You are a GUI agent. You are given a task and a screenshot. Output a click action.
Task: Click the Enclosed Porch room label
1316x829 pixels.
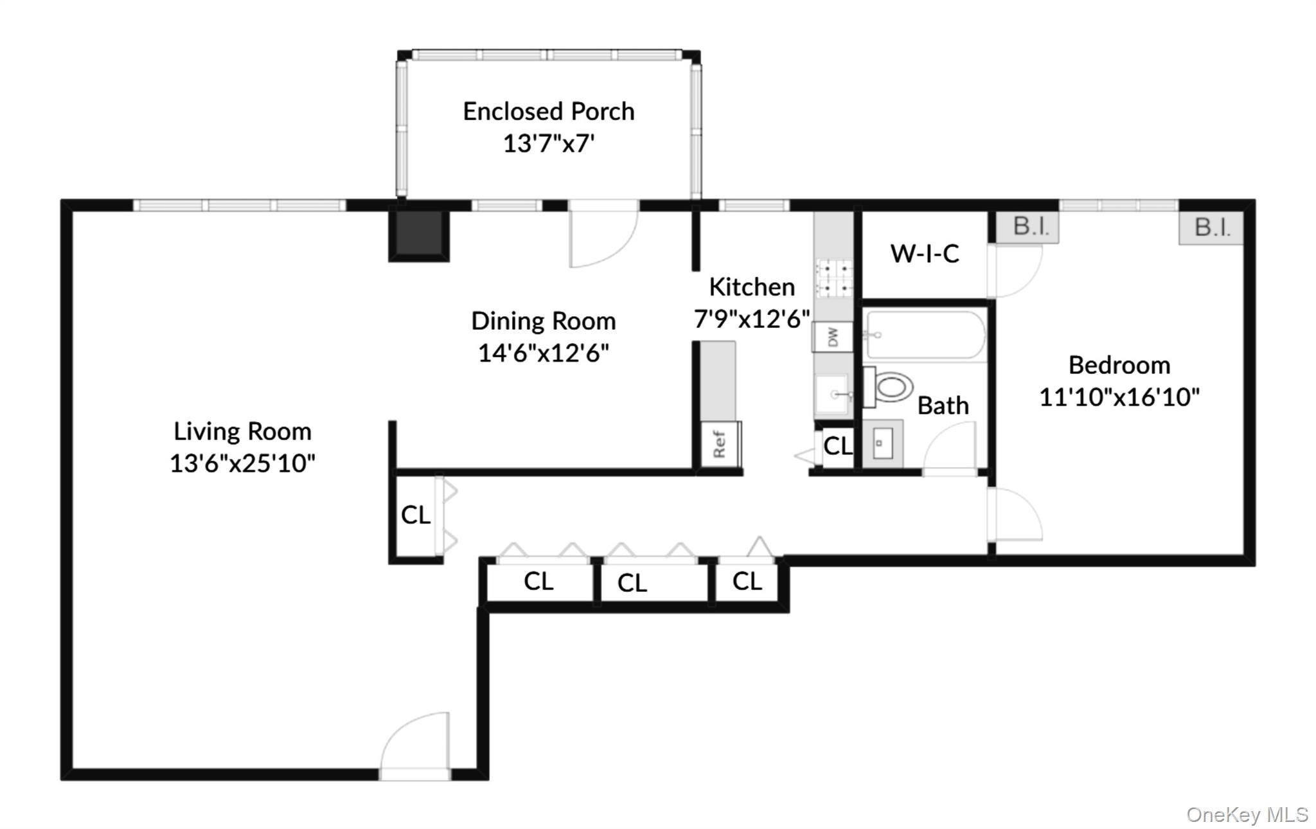[548, 112]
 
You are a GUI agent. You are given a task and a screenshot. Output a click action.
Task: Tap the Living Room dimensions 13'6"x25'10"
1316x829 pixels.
[242, 463]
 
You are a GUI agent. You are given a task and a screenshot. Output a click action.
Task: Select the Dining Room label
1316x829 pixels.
[543, 321]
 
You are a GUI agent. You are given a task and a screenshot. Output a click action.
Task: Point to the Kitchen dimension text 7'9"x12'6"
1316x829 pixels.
[751, 319]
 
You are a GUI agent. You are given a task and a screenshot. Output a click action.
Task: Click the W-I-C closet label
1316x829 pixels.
[924, 254]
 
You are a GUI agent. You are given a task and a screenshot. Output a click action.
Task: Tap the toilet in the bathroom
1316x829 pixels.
[890, 387]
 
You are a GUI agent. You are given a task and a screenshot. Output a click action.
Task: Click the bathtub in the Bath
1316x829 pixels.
[924, 335]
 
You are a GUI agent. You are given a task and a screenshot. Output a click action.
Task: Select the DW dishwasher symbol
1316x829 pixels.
[832, 337]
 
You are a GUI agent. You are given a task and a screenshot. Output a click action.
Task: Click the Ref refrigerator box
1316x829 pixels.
[720, 444]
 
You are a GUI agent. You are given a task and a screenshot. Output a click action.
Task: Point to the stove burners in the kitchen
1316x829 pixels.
[833, 278]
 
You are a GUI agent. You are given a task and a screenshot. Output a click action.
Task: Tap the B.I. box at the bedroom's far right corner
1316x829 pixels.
[1211, 227]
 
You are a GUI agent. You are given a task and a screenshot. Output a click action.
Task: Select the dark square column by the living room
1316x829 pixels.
[419, 235]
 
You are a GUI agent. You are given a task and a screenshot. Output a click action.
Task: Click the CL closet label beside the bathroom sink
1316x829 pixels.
[837, 445]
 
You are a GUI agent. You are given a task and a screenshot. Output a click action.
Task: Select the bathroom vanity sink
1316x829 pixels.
[882, 443]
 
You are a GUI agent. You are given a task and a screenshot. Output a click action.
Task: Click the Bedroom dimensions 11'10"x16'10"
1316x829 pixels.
[1119, 397]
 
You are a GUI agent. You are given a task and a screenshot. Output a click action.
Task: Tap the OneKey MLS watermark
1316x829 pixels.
[1247, 815]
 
